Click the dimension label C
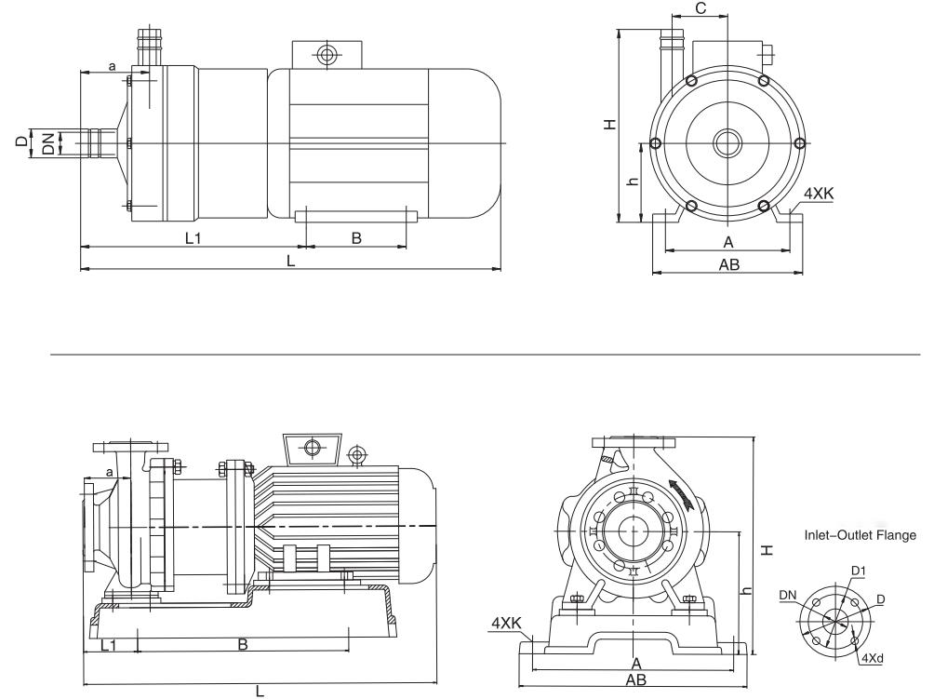[x=700, y=8]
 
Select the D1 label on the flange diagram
[x=858, y=570]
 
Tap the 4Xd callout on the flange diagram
[x=872, y=659]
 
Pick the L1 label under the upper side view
[x=193, y=238]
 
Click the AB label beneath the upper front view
[x=728, y=264]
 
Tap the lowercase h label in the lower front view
[x=745, y=592]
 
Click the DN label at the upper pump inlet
[x=47, y=142]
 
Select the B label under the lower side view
[x=242, y=644]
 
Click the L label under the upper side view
[x=290, y=262]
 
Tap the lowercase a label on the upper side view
[x=112, y=66]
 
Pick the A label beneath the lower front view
[x=636, y=663]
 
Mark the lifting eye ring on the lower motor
[x=354, y=455]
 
